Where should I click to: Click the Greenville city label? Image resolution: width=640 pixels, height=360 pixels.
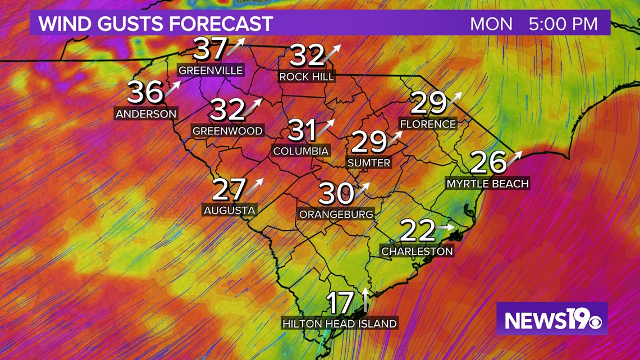211,71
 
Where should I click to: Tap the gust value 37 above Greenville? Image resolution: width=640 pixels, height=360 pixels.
211,49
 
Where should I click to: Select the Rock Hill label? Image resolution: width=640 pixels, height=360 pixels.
307,76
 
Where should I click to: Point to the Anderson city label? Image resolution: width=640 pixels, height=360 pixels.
146,113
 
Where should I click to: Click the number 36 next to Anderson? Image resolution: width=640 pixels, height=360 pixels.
145,92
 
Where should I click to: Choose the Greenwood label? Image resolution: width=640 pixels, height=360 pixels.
227,131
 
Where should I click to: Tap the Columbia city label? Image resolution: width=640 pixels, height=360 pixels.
301,151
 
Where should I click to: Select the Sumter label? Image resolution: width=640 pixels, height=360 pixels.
369,163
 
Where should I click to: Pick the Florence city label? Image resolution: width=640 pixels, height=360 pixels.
428,124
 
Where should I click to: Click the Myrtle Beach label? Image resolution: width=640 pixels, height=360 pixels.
487,183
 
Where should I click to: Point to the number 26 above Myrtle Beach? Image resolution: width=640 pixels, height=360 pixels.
488,162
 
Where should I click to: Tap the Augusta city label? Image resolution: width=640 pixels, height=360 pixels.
229,211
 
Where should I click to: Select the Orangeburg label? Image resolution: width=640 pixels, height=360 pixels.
336,214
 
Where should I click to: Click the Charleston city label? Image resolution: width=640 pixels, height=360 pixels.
417,251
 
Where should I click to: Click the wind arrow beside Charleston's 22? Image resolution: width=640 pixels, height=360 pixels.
446,227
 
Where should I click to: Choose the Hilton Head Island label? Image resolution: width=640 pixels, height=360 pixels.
340,323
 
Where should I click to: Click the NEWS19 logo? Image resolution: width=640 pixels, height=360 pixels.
552,319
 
